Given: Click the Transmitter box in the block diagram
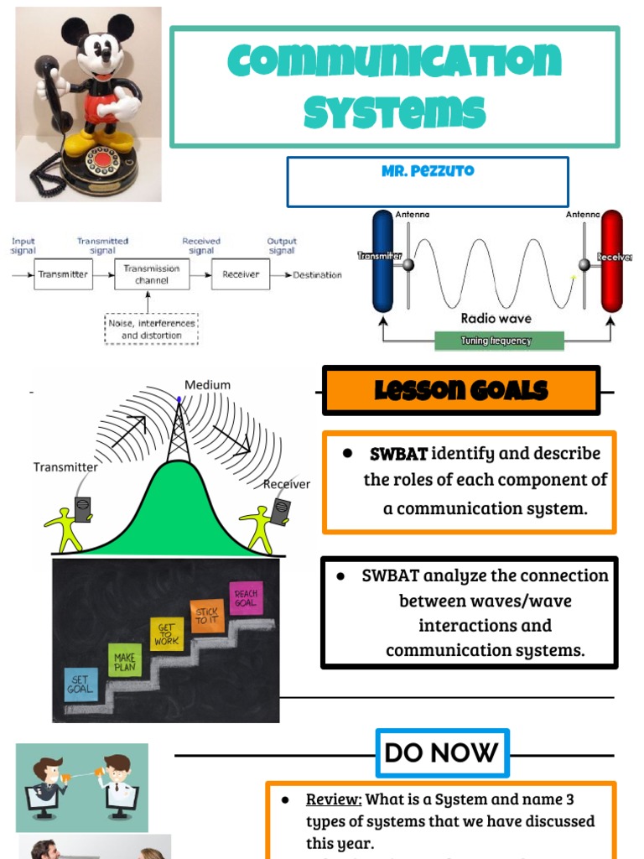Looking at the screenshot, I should click(x=63, y=274).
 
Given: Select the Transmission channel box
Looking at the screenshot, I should click(x=152, y=274).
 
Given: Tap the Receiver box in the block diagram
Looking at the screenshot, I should click(x=241, y=274).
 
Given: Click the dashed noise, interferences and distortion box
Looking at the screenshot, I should click(x=151, y=329).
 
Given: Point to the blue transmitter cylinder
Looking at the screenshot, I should click(x=383, y=261).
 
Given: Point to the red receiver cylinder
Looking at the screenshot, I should click(x=612, y=261).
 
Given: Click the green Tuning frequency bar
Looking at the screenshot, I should click(x=498, y=341).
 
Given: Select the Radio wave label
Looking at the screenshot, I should click(x=496, y=319).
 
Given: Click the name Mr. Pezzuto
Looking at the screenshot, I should click(x=427, y=170).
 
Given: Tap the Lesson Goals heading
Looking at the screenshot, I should click(x=461, y=390).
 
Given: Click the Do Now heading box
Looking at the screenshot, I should click(x=442, y=752).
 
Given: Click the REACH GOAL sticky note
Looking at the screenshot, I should click(x=246, y=598).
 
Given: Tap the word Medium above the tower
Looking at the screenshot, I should click(x=207, y=385).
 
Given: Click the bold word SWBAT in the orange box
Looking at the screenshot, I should click(x=398, y=454).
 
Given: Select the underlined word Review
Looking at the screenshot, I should click(x=333, y=799).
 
